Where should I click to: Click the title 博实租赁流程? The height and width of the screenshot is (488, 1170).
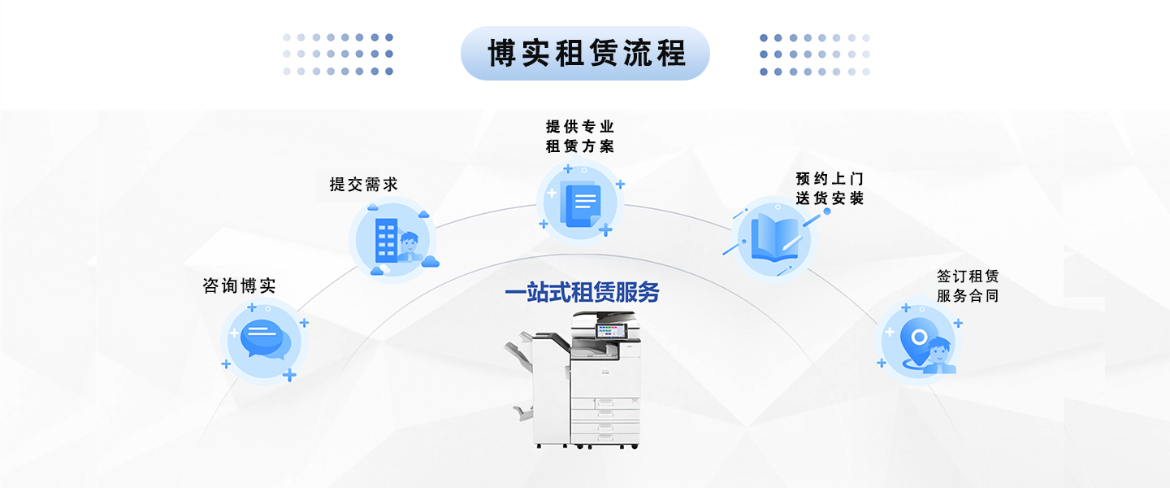(x=586, y=54)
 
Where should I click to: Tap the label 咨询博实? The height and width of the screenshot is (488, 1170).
(x=239, y=285)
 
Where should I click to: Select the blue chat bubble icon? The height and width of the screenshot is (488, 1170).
(x=266, y=339)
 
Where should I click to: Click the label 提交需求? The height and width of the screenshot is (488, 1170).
(x=363, y=184)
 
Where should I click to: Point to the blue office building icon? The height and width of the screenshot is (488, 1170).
(x=386, y=241)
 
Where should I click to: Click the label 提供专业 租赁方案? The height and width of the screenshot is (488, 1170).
(x=580, y=136)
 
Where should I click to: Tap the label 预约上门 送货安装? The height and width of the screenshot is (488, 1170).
(x=830, y=189)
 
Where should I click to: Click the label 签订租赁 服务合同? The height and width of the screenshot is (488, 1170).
(x=968, y=285)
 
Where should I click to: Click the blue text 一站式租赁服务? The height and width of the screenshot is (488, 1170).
(x=582, y=292)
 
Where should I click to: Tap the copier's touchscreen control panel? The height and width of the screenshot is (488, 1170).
(x=611, y=331)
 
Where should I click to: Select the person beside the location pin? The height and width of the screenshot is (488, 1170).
(x=939, y=355)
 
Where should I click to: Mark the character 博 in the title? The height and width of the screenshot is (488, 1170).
(x=502, y=54)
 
